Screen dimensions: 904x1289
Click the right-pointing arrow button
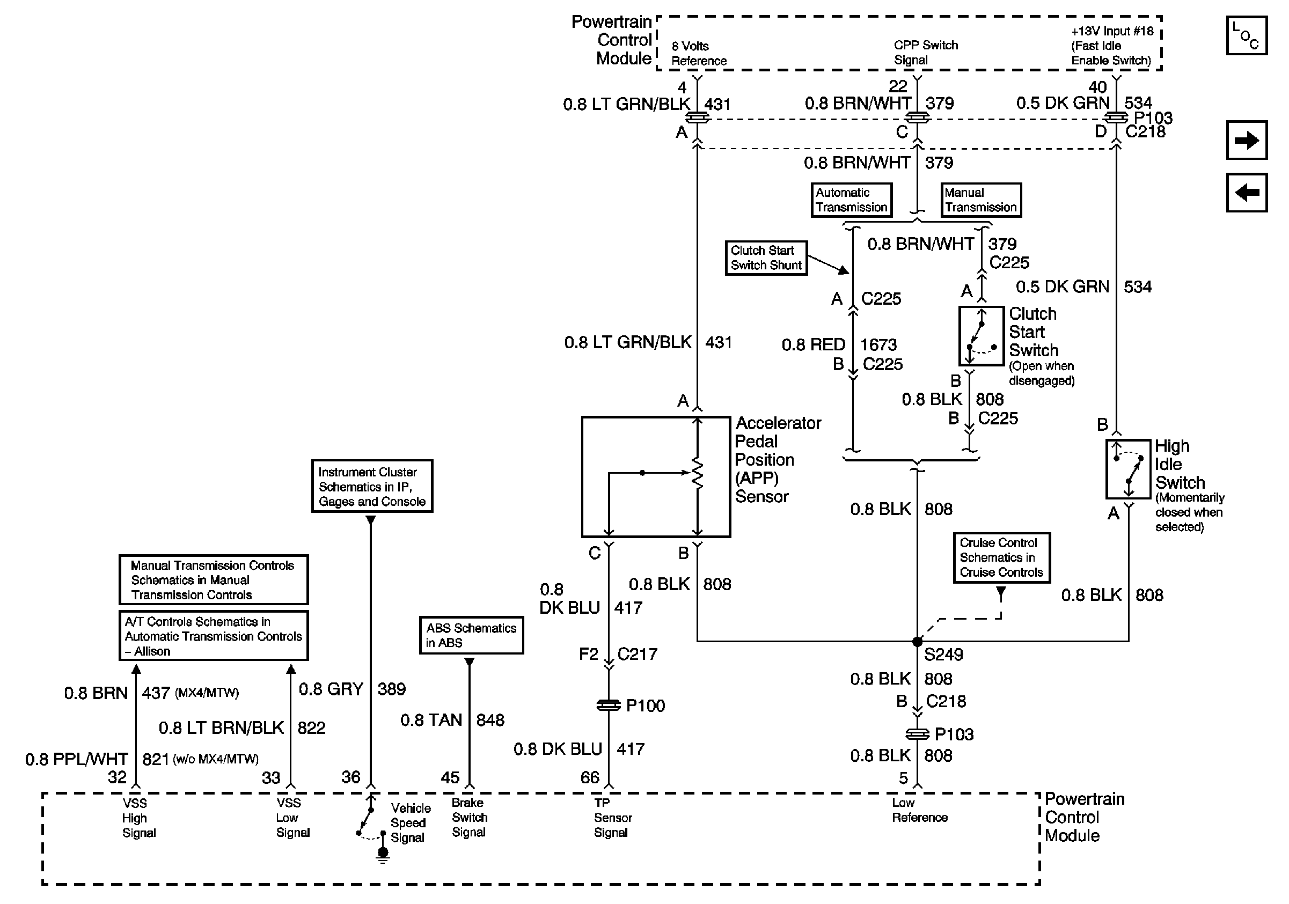[x=1246, y=140]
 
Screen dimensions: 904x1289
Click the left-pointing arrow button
[x=1246, y=193]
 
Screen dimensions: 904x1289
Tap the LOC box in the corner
[x=1246, y=36]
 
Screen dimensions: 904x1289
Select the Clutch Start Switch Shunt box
[x=766, y=258]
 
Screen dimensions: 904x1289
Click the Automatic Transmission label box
[x=851, y=200]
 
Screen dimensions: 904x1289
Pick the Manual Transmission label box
[x=980, y=200]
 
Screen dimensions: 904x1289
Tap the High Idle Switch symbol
[x=1128, y=469]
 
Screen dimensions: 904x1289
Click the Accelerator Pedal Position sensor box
[x=656, y=477]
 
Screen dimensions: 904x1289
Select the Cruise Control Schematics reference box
[x=1001, y=558]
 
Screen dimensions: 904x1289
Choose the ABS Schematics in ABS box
[x=471, y=635]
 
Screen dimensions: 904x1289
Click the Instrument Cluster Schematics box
[x=372, y=487]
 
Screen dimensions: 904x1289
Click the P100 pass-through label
[x=645, y=706]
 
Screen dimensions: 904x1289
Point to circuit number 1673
[x=878, y=344]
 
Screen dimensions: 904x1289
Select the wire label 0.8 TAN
[x=430, y=721]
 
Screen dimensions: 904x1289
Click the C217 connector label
[x=637, y=655]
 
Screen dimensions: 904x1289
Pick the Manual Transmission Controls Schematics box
[x=214, y=580]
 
